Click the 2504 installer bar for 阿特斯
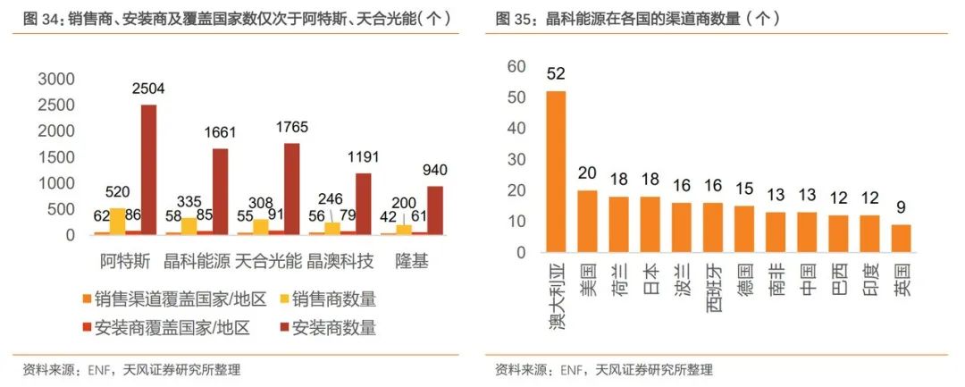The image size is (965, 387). (x=148, y=170)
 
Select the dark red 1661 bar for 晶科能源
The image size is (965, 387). (x=220, y=191)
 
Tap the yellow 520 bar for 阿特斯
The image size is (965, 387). (x=117, y=221)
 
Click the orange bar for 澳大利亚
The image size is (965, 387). (x=556, y=171)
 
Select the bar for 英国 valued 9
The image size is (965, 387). (x=902, y=238)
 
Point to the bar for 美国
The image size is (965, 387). (x=587, y=221)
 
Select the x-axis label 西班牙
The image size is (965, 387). (x=713, y=284)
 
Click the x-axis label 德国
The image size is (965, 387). (x=744, y=277)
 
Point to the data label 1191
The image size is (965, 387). (x=364, y=156)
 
